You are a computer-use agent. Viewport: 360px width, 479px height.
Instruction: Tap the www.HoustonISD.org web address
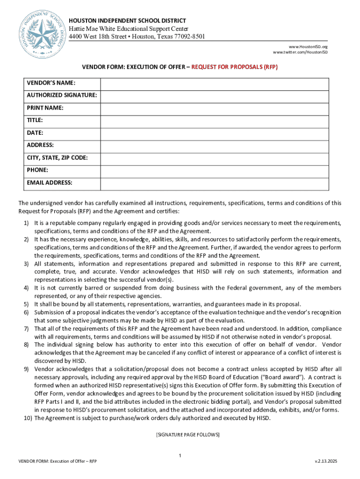pos(308,47)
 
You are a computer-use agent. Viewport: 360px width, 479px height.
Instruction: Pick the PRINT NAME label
pos(45,108)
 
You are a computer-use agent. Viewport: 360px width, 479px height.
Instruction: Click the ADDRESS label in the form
pos(40,145)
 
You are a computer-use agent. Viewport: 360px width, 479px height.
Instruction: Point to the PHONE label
pos(37,170)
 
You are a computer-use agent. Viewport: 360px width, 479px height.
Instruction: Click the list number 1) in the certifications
pos(27,223)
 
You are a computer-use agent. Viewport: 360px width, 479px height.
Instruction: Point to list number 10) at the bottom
pos(27,418)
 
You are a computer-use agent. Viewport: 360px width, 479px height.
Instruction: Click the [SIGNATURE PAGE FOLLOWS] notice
pos(187,435)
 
